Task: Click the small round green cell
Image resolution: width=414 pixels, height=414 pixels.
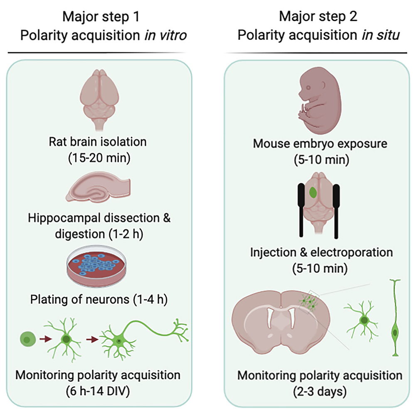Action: (27, 339)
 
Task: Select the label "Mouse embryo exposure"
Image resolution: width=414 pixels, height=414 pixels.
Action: (320, 144)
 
